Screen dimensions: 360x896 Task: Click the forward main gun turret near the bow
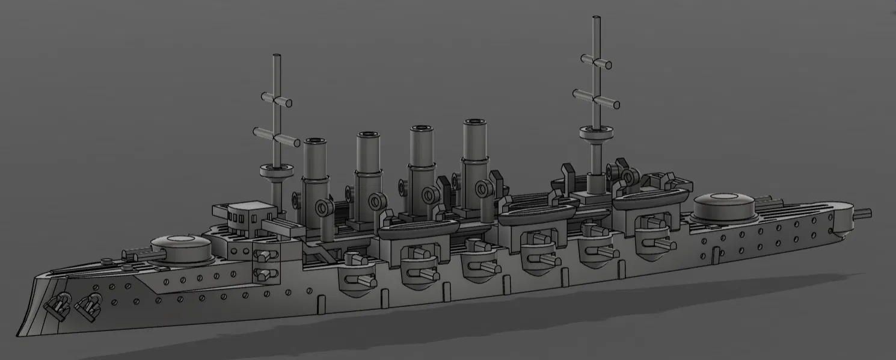click(x=180, y=247)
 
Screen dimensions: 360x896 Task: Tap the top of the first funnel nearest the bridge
click(x=315, y=142)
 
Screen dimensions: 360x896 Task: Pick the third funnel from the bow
click(x=422, y=151)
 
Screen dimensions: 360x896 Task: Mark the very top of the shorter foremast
click(x=278, y=58)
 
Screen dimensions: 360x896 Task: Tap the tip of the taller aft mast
click(x=596, y=19)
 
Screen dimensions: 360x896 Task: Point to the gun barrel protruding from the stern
click(x=862, y=213)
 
